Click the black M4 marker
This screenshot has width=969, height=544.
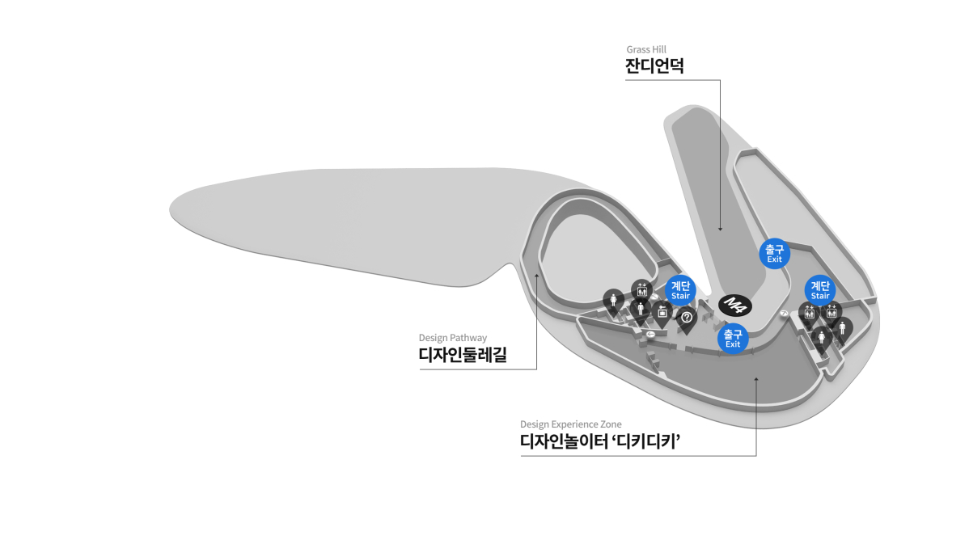point(735,305)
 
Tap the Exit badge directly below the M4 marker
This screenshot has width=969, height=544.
point(733,339)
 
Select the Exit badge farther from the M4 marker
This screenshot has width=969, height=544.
point(774,253)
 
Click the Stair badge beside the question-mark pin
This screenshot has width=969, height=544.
point(680,289)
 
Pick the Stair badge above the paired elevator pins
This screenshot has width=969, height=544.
point(820,290)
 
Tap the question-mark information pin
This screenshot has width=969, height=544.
point(686,318)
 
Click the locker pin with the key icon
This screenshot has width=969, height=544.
point(662,312)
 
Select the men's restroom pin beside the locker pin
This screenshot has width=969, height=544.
point(641,309)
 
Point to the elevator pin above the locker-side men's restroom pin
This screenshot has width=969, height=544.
point(641,289)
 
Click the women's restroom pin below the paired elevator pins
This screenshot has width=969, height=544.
point(821,338)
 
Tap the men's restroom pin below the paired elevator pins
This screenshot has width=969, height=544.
point(842,328)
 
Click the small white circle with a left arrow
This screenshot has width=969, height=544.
point(651,334)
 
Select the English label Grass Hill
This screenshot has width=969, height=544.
point(645,49)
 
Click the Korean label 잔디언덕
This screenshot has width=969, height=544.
point(654,65)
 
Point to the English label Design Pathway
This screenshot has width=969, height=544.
point(452,338)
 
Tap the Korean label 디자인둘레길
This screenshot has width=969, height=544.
point(463,354)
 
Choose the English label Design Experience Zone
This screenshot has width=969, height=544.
point(570,424)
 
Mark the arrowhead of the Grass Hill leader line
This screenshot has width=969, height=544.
point(720,229)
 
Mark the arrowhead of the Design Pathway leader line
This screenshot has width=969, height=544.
point(536,276)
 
